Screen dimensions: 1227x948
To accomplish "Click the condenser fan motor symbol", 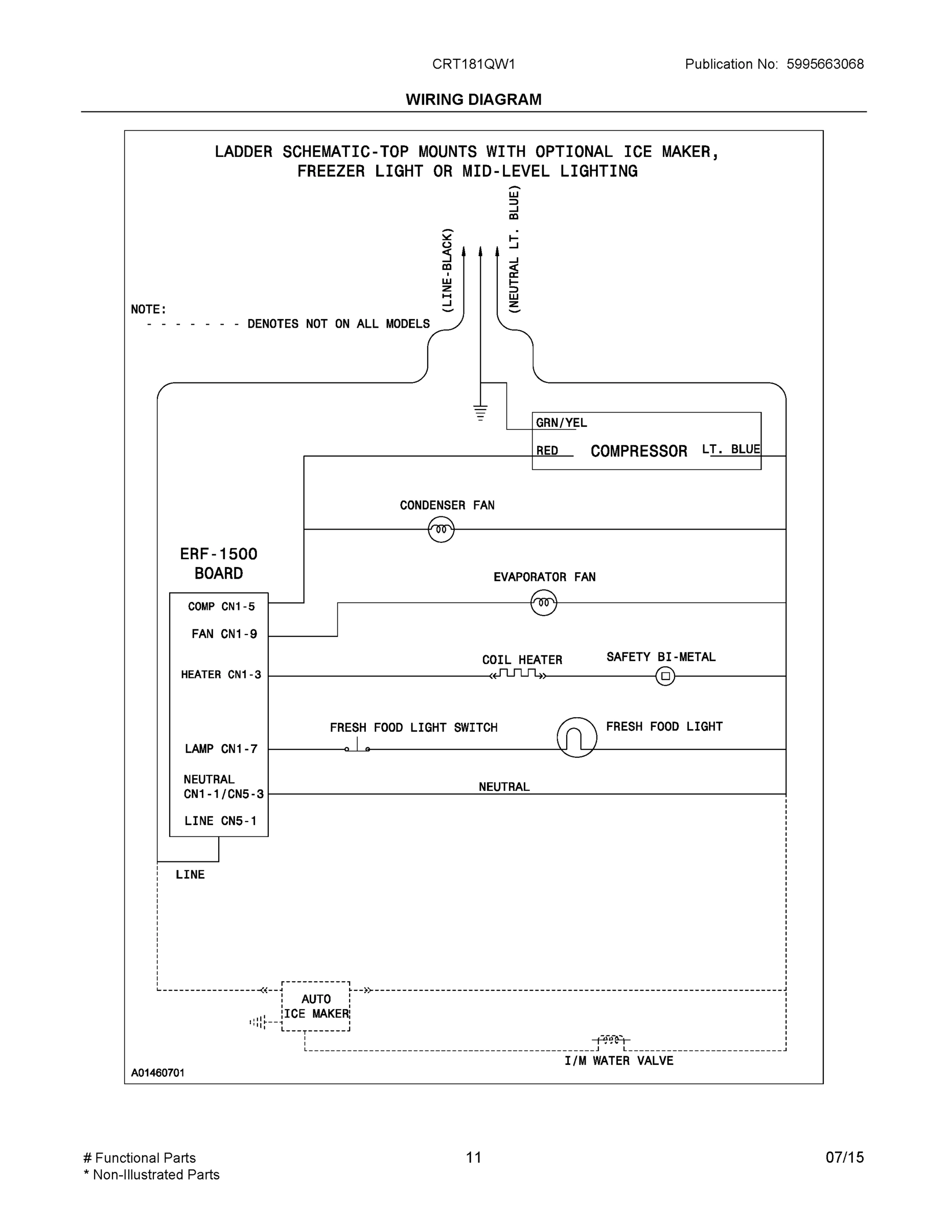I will click(441, 529).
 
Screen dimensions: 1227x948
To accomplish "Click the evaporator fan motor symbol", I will click(543, 603).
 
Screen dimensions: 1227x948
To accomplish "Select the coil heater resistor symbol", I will click(517, 674).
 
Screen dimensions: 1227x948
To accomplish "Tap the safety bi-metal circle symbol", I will click(665, 676).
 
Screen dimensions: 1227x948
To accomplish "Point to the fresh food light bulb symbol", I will click(577, 737).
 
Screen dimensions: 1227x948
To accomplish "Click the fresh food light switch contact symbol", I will click(357, 747).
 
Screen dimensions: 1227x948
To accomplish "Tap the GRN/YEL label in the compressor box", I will click(561, 422).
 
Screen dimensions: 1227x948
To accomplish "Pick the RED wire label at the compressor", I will click(547, 450).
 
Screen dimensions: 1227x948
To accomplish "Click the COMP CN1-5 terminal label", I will click(221, 606).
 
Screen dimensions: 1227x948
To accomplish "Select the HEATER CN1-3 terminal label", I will click(221, 674).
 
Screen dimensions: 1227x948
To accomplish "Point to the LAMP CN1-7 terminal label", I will click(221, 748).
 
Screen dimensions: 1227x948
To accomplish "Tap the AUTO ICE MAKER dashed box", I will click(316, 1006).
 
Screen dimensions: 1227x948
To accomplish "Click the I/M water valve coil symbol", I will click(611, 1040).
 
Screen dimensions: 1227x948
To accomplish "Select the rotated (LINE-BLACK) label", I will click(447, 270).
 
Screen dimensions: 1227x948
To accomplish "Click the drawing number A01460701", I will click(158, 1073).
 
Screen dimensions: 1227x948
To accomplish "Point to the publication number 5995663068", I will click(824, 64).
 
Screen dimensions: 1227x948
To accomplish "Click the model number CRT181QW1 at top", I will click(473, 64).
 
